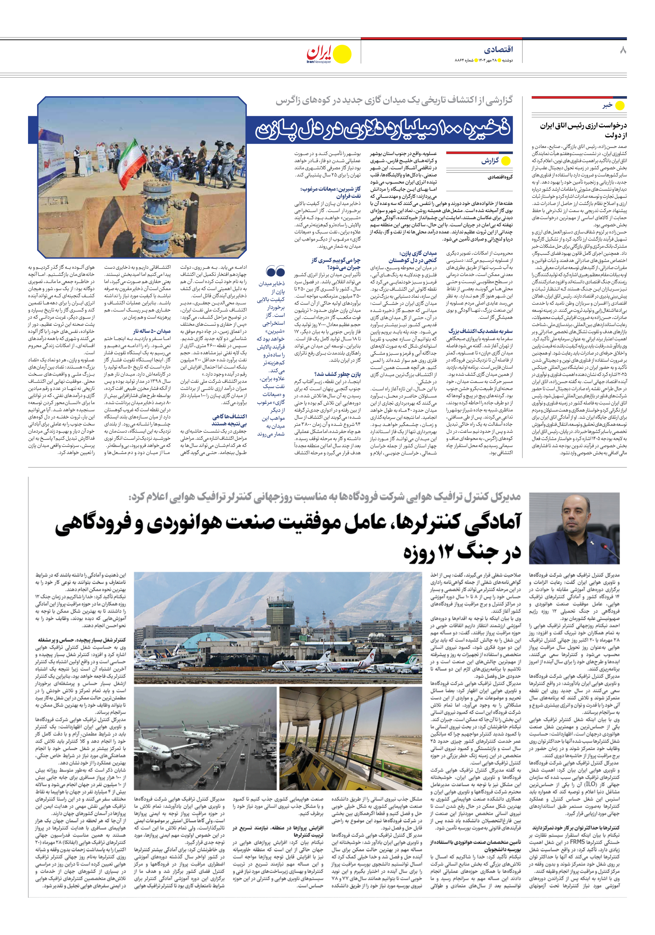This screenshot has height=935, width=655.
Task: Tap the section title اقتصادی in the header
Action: [498, 50]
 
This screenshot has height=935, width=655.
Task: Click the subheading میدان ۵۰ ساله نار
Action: [152, 331]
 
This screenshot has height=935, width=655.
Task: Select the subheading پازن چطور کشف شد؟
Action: [337, 374]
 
